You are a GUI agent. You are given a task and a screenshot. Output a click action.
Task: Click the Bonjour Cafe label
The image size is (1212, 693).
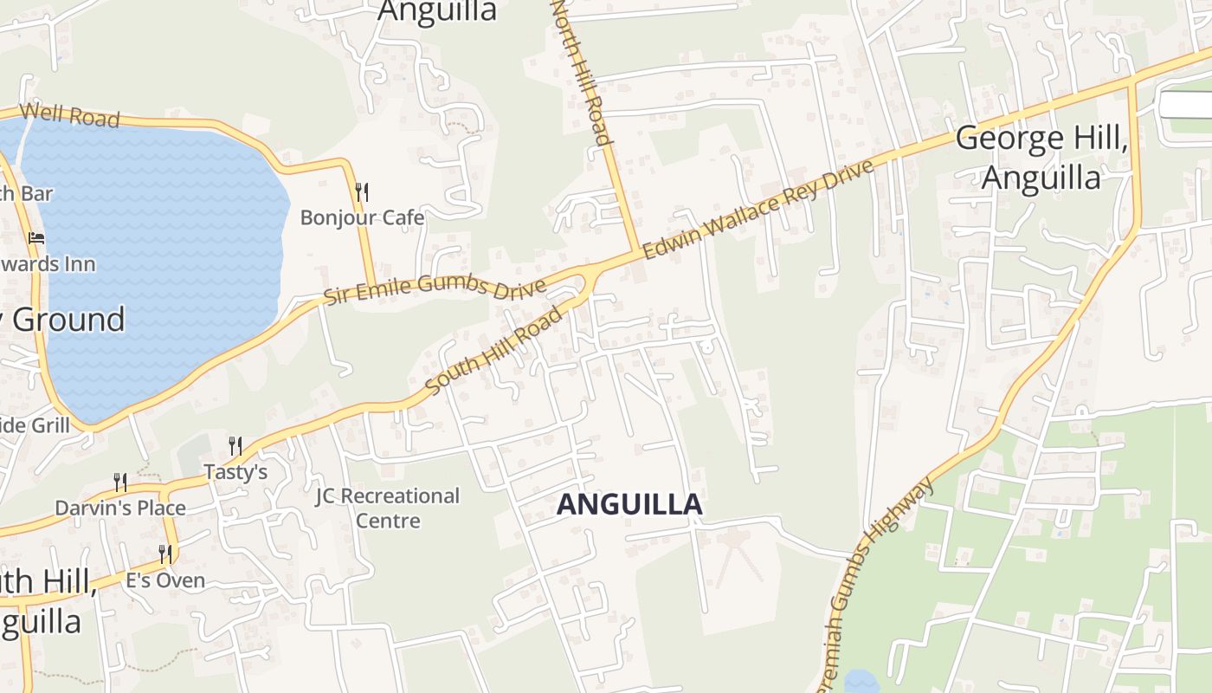[x=362, y=217]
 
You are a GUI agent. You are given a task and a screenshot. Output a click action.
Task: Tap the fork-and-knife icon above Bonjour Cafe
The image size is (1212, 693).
[x=362, y=191]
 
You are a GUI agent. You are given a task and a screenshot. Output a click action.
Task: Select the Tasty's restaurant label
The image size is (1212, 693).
[x=235, y=471]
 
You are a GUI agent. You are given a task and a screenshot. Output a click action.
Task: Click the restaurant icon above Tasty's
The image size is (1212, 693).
[x=235, y=446]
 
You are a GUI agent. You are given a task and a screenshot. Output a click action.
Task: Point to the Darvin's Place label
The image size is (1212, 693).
[x=120, y=508]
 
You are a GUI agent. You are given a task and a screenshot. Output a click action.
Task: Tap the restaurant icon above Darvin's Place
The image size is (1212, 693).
[x=120, y=483]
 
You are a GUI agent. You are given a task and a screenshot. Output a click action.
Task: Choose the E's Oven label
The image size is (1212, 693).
[x=165, y=580]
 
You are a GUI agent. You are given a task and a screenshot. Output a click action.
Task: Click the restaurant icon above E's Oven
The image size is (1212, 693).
[x=164, y=554]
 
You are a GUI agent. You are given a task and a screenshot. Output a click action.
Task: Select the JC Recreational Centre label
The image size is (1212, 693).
[x=387, y=508]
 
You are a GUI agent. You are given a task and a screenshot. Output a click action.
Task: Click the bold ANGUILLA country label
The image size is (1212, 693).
[x=629, y=505]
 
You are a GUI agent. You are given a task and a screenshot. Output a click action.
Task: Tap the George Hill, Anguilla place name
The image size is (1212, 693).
[x=1041, y=158]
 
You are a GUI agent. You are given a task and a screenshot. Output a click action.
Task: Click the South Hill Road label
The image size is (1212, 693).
[x=495, y=350]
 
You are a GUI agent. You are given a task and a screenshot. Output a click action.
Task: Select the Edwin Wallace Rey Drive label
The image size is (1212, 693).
[x=758, y=209]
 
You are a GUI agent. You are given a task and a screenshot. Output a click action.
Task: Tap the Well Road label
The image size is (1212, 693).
[x=69, y=114]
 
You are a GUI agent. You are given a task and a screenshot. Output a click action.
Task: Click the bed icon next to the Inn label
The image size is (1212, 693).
[x=36, y=237]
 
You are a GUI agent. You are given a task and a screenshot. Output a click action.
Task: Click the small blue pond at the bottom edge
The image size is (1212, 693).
[x=862, y=682]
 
